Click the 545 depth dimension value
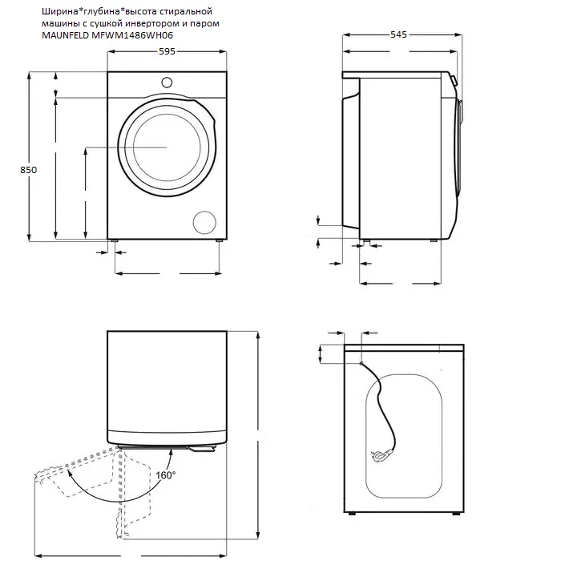point(398,35)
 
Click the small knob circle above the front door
point(167,81)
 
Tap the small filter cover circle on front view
point(205,223)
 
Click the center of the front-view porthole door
point(167,147)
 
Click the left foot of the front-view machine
point(116,240)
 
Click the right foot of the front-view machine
point(219,240)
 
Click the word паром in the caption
point(202,22)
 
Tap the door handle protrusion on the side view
point(454,81)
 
